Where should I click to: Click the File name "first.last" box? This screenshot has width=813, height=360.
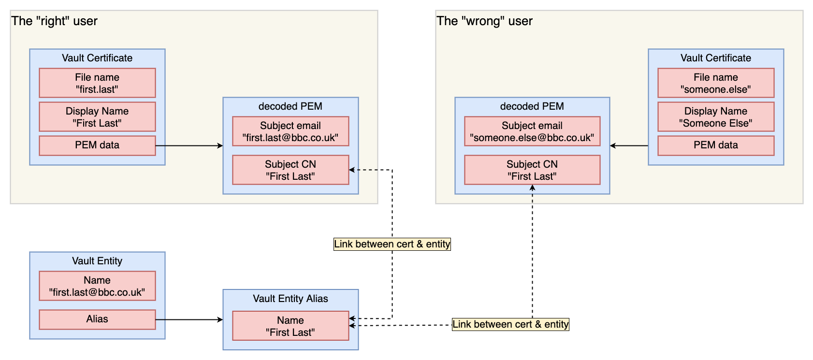[97, 83]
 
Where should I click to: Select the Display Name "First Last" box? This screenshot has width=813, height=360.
[97, 117]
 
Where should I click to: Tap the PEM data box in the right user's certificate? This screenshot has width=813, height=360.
[97, 145]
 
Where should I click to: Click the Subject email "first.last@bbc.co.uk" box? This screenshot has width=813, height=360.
[290, 131]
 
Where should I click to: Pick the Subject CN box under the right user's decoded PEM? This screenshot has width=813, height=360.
[290, 170]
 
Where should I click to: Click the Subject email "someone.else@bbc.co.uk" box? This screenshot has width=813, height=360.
[532, 131]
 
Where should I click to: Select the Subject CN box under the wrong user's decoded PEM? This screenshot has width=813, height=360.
[532, 170]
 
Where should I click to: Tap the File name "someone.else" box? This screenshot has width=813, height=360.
[716, 83]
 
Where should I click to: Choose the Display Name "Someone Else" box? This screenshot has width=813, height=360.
[716, 117]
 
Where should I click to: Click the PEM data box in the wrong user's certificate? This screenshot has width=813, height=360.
[716, 145]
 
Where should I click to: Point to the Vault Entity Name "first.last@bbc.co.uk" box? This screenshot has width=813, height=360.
[97, 286]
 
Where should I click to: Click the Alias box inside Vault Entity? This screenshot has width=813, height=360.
[97, 319]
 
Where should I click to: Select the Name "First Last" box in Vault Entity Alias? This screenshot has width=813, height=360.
[290, 326]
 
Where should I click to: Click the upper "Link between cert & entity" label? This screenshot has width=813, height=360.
[392, 244]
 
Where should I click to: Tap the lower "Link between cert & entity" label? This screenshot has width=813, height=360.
[510, 324]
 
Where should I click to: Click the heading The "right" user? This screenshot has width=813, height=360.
[55, 21]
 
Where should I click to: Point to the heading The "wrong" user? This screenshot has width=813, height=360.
[484, 21]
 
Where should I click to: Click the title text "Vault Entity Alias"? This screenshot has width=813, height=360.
[290, 299]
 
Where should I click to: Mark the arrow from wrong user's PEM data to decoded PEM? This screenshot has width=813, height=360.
[629, 145]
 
